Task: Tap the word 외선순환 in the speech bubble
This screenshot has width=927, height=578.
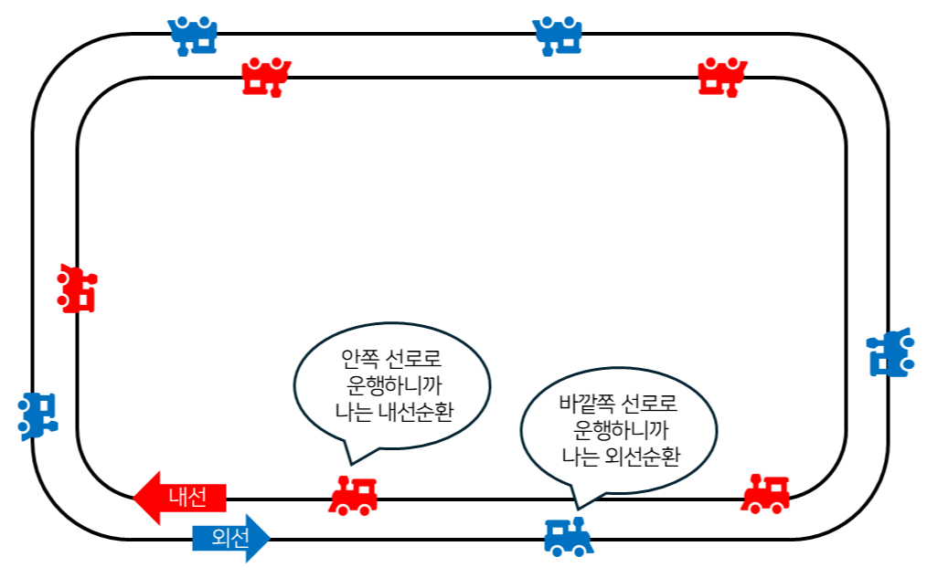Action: tap(643, 456)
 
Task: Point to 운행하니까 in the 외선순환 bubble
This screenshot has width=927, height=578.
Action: tap(619, 428)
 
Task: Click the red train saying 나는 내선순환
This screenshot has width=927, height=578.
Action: tap(353, 495)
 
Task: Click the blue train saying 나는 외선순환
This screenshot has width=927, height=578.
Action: tap(569, 536)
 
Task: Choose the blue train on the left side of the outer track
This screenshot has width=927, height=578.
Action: tap(38, 415)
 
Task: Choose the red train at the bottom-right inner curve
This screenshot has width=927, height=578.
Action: tap(765, 494)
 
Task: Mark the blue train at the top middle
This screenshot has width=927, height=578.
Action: tap(559, 36)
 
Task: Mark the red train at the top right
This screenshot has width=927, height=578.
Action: tap(723, 78)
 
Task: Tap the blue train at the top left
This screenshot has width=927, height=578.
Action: tap(194, 36)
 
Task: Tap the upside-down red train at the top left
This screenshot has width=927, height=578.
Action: tap(266, 78)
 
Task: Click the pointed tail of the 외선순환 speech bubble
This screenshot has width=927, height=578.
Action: tap(577, 505)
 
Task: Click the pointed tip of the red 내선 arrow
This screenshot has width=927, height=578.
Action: tap(135, 499)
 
